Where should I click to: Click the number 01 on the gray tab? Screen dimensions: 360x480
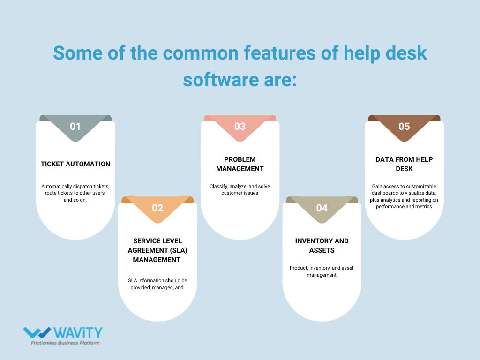pyautogui.click(x=75, y=127)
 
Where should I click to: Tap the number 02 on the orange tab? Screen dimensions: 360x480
pyautogui.click(x=157, y=208)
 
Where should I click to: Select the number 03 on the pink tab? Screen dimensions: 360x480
pyautogui.click(x=240, y=127)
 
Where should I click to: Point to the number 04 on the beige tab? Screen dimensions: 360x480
pyautogui.click(x=322, y=208)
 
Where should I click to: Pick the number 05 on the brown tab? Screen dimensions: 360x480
pyautogui.click(x=404, y=127)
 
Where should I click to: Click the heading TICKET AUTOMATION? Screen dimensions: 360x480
pyautogui.click(x=75, y=164)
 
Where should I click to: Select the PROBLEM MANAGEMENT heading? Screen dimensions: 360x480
pyautogui.click(x=240, y=164)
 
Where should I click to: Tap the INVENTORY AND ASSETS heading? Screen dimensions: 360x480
pyautogui.click(x=322, y=245)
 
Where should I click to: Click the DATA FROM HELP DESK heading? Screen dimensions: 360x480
pyautogui.click(x=404, y=164)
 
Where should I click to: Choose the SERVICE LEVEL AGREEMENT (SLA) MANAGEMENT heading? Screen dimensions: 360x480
pyautogui.click(x=157, y=250)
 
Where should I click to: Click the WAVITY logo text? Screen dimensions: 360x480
pyautogui.click(x=77, y=333)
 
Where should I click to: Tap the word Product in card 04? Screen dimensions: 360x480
pyautogui.click(x=299, y=268)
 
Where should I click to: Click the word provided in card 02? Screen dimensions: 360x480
pyautogui.click(x=140, y=288)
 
